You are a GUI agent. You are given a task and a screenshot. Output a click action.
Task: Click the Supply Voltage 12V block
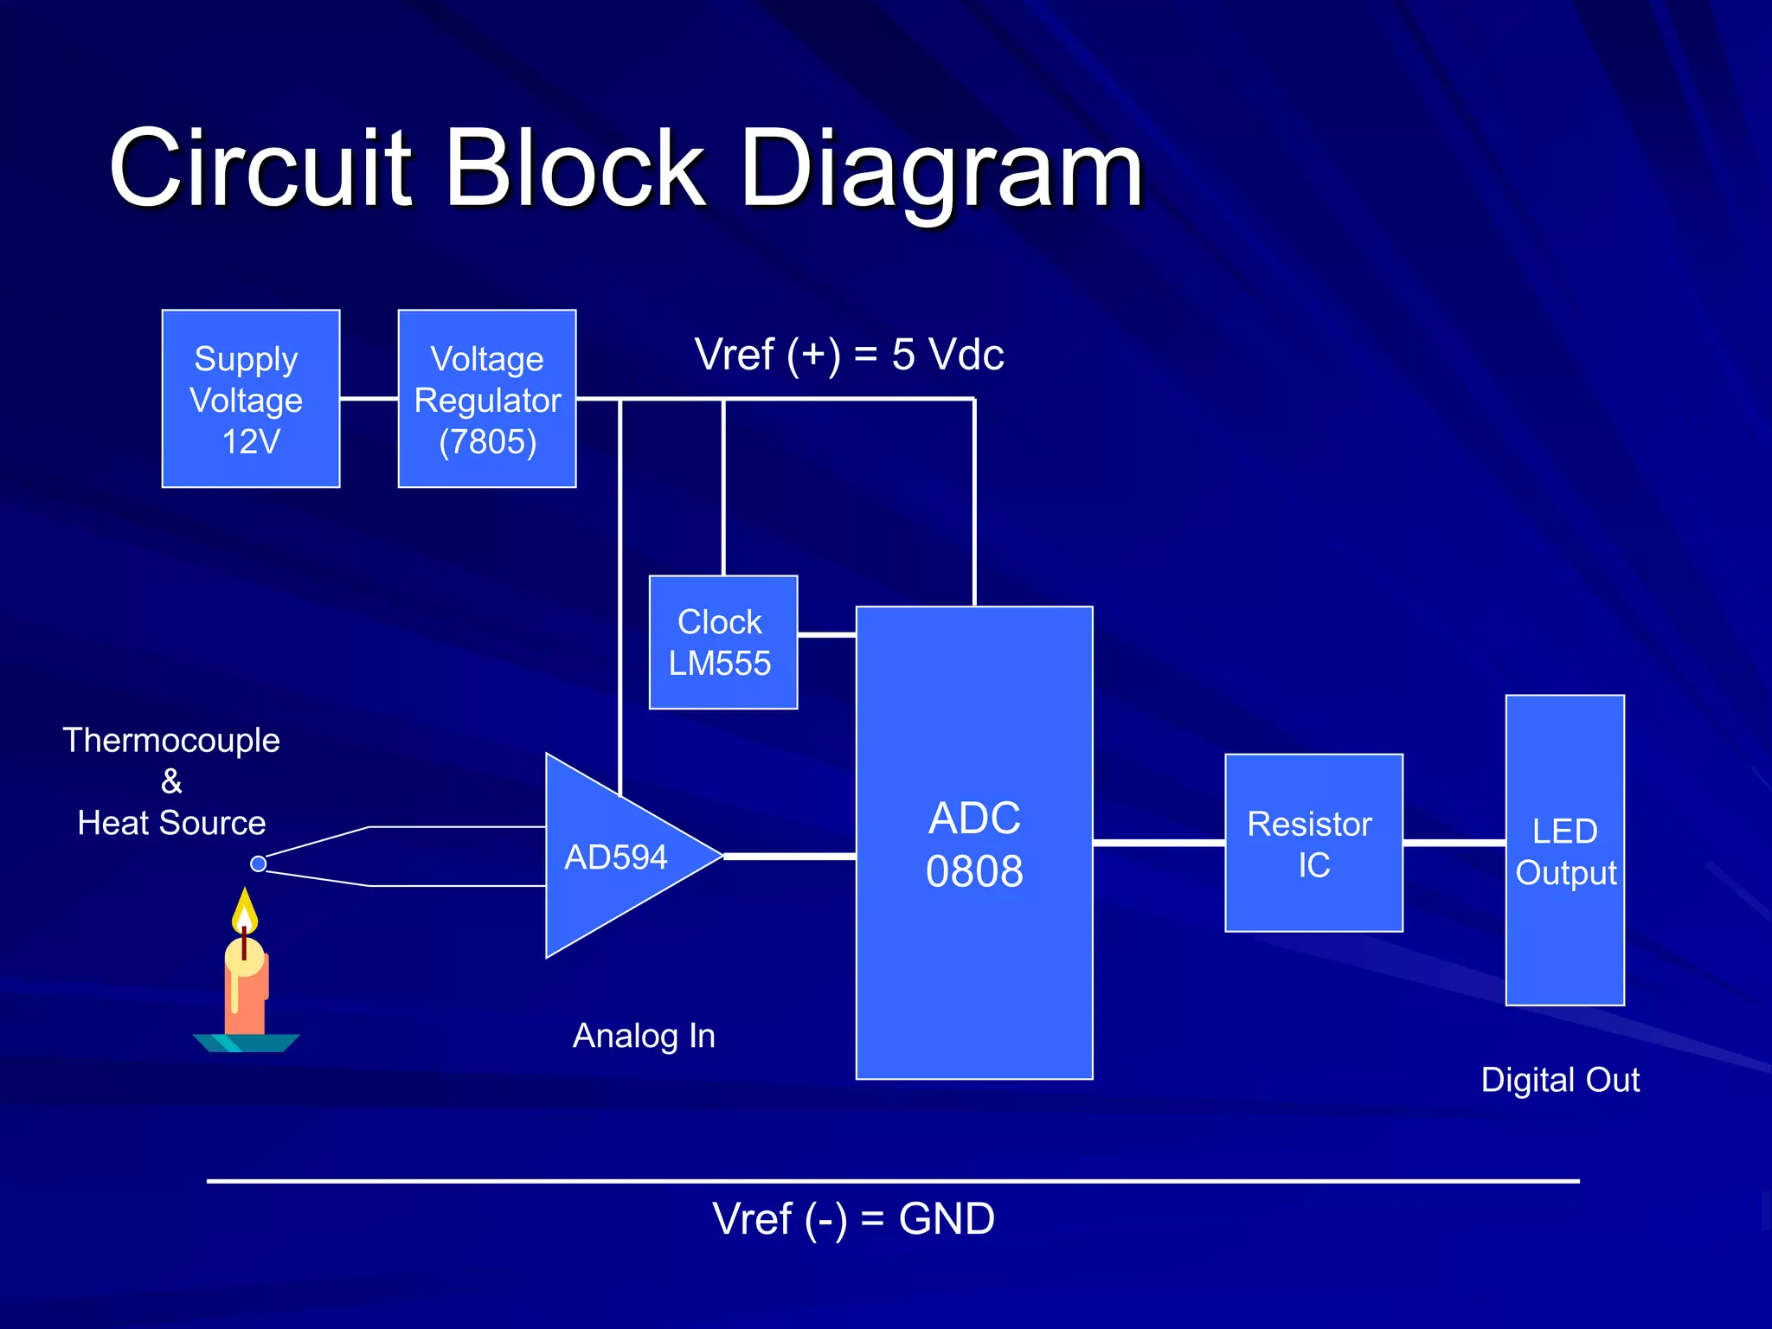tap(250, 399)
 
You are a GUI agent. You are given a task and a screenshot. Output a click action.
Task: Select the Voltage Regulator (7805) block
tap(487, 399)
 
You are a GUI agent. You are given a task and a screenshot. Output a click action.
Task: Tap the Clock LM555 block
tap(722, 642)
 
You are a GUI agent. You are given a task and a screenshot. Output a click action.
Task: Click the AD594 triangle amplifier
tap(614, 857)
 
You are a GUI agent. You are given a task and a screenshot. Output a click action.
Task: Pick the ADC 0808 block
tap(974, 844)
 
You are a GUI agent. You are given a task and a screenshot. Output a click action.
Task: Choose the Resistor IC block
tap(1313, 843)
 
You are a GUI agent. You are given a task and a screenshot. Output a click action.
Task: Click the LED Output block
tap(1564, 851)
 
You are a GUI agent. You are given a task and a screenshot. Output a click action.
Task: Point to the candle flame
tap(245, 910)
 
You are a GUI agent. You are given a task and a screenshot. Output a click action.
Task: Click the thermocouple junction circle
tap(258, 864)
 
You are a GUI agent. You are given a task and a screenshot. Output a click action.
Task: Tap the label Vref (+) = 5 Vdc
tap(849, 355)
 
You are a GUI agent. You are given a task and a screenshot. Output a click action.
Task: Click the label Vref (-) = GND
tap(853, 1219)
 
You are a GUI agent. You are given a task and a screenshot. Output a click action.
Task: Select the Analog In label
tap(644, 1036)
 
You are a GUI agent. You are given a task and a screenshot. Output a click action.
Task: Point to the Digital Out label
tap(1560, 1080)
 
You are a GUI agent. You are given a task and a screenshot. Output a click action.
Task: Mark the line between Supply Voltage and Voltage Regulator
tap(369, 399)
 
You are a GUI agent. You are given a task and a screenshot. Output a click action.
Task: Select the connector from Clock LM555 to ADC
tap(826, 635)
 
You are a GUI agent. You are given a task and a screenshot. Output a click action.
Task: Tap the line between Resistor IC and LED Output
tap(1454, 842)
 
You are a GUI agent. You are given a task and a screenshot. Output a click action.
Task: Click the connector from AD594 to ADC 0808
tap(789, 857)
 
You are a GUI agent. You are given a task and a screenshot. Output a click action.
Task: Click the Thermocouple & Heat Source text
tap(171, 781)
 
